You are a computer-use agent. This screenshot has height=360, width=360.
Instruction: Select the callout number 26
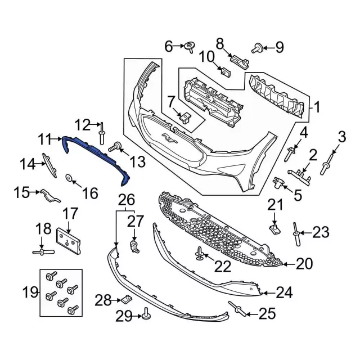pos(127,199)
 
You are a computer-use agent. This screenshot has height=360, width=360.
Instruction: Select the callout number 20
pos(304,263)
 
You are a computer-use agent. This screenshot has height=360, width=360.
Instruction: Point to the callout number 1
pos(316,106)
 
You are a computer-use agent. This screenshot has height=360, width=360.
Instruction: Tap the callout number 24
pos(285,293)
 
